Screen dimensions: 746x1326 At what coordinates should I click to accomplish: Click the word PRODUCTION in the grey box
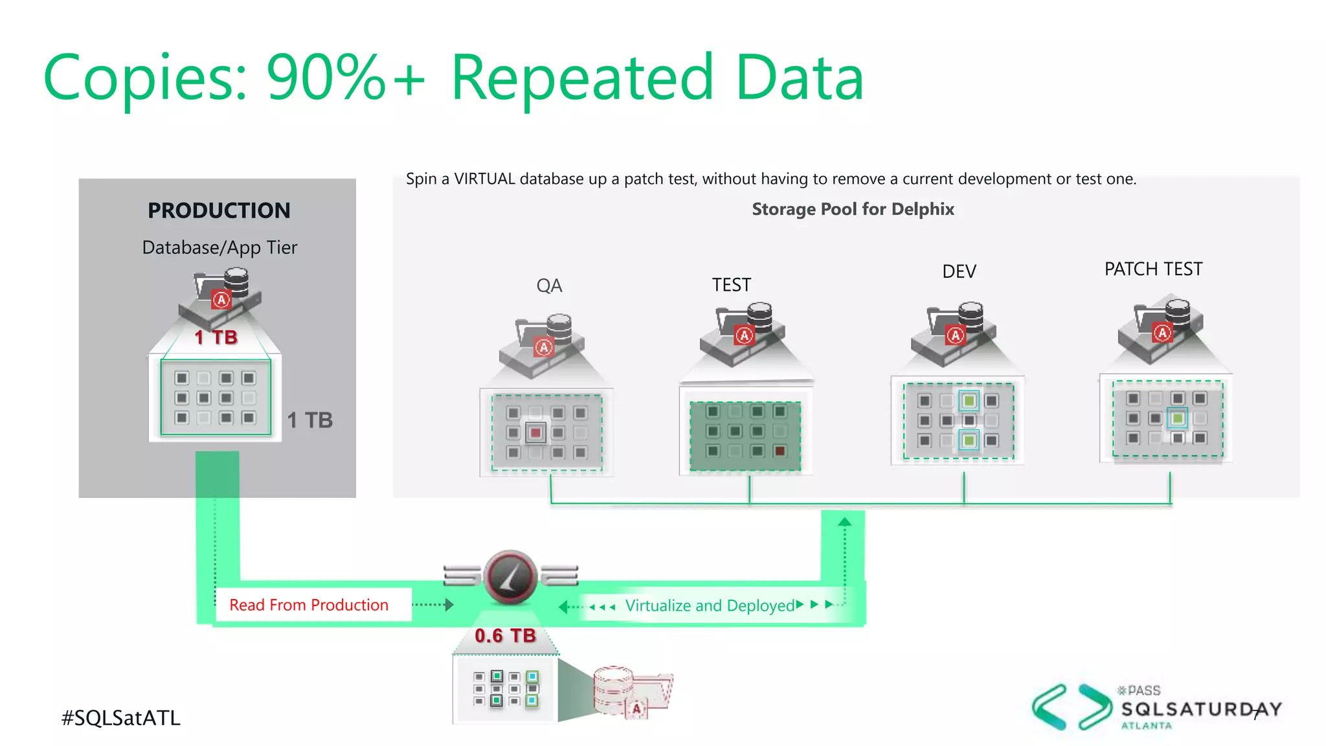coord(219,210)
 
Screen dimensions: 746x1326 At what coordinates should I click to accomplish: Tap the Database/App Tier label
coord(219,247)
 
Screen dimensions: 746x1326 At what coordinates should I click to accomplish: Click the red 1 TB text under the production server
coord(216,337)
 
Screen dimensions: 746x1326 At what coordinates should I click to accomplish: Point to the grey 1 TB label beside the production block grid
coord(309,420)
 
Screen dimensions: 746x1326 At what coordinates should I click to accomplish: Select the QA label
coord(549,286)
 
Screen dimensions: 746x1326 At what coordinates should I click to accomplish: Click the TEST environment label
coord(732,285)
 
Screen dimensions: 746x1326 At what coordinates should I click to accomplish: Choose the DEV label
coord(959,271)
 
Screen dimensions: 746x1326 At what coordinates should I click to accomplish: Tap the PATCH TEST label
coord(1153,269)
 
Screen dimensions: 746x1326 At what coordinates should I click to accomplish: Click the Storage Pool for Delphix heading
coord(853,209)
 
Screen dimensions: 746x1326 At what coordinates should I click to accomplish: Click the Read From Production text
coord(309,605)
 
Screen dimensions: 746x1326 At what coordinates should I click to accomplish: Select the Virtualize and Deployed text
coord(710,605)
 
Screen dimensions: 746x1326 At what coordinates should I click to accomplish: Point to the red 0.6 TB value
coord(505,636)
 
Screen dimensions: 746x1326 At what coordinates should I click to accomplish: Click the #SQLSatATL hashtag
coord(121,718)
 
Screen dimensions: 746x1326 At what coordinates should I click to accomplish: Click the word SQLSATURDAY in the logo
coord(1201,709)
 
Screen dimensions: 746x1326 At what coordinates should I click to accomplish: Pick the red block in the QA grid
coord(535,432)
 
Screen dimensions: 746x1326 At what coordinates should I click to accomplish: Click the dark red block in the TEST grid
coord(780,451)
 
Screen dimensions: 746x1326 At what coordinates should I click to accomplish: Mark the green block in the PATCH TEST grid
coord(1177,418)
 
